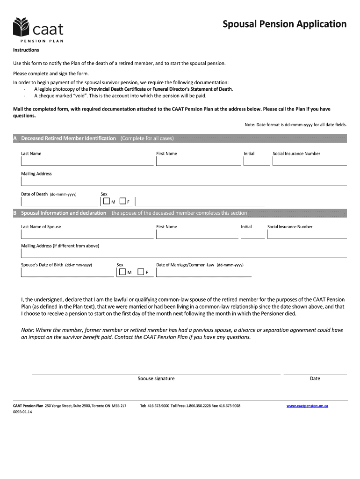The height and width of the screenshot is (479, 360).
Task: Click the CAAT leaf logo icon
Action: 22,28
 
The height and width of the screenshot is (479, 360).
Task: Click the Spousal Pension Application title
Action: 284,24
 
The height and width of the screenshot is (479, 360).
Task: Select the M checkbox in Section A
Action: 107,201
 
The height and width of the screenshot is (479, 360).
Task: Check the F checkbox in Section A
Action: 122,201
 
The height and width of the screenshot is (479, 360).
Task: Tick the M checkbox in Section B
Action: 122,272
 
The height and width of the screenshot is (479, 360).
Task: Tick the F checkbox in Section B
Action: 140,272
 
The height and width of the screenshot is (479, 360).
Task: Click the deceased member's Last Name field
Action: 87,161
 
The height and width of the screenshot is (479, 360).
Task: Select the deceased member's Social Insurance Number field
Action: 310,161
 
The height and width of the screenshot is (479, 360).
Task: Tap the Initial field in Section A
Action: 257,161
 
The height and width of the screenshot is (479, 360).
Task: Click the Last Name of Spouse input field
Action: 87,234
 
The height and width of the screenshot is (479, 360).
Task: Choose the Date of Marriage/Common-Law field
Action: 203,273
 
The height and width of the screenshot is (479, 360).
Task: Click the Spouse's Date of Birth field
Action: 67,273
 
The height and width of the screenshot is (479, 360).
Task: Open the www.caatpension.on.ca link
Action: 307,406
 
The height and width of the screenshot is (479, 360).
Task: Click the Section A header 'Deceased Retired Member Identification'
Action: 68,138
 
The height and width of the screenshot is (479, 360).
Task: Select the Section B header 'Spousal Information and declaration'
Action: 64,213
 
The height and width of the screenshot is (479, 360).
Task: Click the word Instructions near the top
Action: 26,50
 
